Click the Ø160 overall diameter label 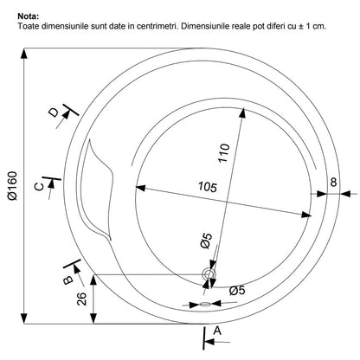coord(13,186)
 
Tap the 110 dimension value coord(224,153)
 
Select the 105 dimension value coord(208,187)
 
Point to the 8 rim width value coord(333,183)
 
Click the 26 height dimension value coord(81,299)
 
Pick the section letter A coord(217,331)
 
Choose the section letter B coord(68,280)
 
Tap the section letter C coord(39,187)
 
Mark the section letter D coord(54,112)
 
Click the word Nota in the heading coord(28,16)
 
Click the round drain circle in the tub coord(209,274)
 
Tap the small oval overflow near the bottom coord(205,304)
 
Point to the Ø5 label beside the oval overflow coord(237,290)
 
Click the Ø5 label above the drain coord(206,241)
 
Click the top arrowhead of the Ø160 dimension coord(24,54)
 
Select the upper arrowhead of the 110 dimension coord(243,112)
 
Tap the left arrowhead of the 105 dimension coord(140,188)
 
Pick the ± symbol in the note coord(300,26)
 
